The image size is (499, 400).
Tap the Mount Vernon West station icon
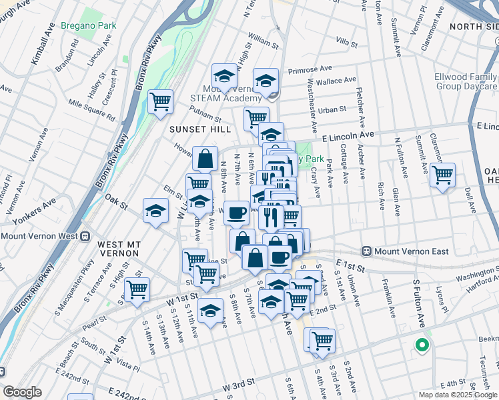click(x=85, y=236)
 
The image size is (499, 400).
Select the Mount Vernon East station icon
click(x=366, y=251)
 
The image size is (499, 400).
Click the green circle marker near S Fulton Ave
click(x=421, y=345)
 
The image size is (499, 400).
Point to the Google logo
click(x=22, y=392)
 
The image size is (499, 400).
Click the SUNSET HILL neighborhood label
click(x=199, y=129)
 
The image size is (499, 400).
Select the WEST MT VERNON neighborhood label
click(x=118, y=249)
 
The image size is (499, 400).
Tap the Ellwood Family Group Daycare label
click(x=466, y=81)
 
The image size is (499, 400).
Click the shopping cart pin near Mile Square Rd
click(x=160, y=102)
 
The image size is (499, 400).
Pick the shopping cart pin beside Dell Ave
click(x=442, y=175)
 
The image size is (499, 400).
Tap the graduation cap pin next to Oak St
click(x=155, y=211)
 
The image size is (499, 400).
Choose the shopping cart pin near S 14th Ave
click(x=137, y=289)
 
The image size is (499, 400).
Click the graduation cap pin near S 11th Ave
click(x=210, y=311)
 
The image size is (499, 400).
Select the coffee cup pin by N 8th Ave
click(x=236, y=213)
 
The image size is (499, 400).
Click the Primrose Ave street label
click(x=310, y=69)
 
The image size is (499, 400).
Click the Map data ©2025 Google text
click(x=457, y=394)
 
